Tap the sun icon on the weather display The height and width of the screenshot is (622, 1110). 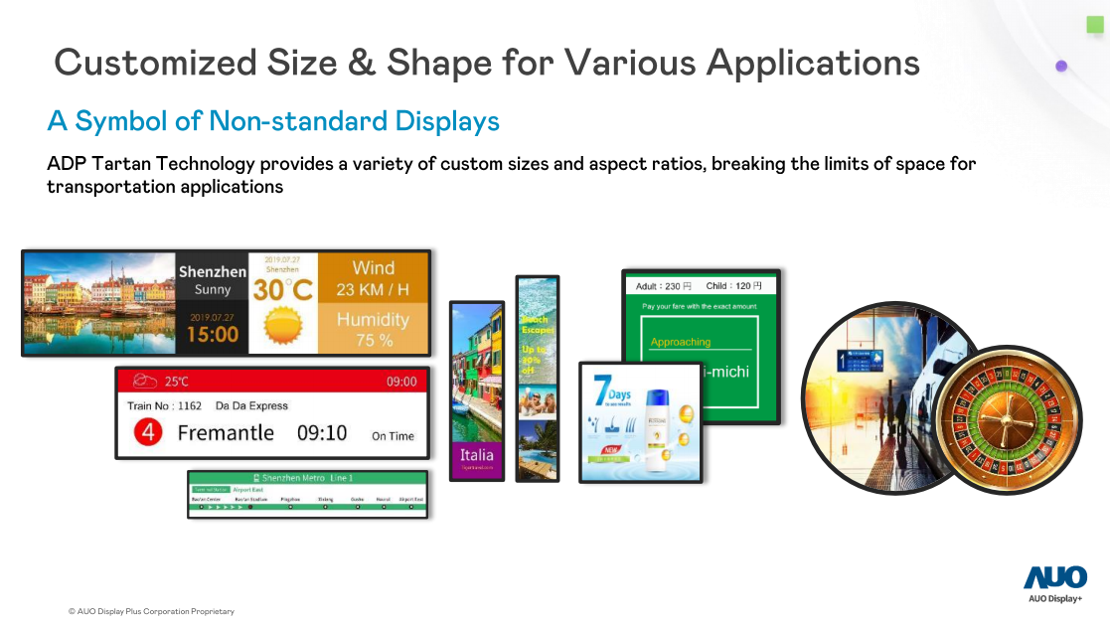[x=282, y=326]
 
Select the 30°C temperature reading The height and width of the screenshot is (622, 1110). [x=282, y=290]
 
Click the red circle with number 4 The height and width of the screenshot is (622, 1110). [x=147, y=433]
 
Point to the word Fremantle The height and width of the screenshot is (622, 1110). [x=226, y=433]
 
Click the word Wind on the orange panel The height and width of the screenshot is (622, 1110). [x=373, y=268]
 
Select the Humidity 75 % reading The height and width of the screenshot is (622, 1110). [x=373, y=329]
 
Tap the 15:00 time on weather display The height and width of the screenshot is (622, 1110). [x=213, y=334]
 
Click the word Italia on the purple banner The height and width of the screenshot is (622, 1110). [x=477, y=454]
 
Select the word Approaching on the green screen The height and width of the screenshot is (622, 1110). [x=681, y=342]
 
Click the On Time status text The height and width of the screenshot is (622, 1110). [x=393, y=436]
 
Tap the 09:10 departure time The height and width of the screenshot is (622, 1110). [x=322, y=433]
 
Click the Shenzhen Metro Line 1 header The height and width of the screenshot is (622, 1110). [x=307, y=478]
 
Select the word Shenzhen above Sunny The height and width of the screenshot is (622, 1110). [x=213, y=271]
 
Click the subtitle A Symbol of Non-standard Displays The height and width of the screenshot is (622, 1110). [x=273, y=121]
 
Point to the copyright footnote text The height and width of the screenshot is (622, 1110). [x=151, y=611]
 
